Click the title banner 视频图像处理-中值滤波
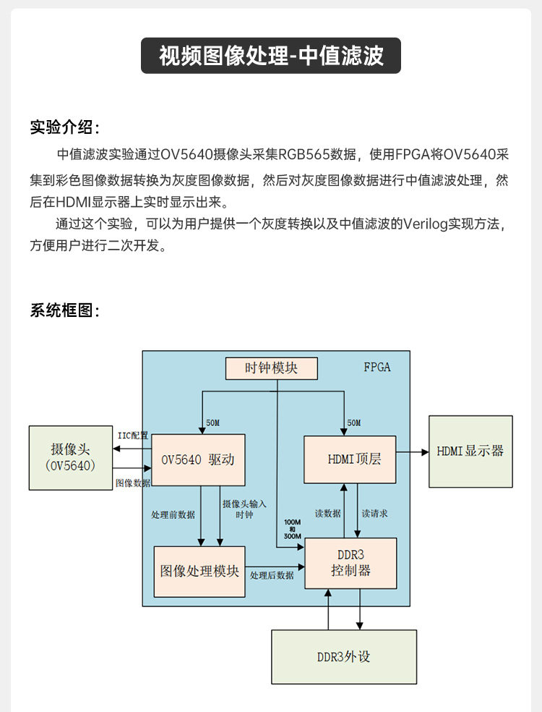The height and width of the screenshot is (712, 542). tap(270, 56)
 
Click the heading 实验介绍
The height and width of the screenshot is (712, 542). tap(64, 127)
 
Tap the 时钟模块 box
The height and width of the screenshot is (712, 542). tap(271, 368)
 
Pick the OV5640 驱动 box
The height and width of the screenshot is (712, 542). tap(198, 459)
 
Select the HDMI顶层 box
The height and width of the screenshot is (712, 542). tap(350, 459)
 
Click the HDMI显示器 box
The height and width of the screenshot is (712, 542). tap(470, 451)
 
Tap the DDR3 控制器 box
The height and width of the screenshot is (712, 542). tap(350, 562)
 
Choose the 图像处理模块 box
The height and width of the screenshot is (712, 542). tap(199, 571)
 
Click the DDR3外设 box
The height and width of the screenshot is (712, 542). tap(344, 656)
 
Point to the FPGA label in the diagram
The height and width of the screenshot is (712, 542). tap(377, 367)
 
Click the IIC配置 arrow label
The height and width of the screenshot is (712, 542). tap(132, 436)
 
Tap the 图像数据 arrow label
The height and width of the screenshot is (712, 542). tap(133, 483)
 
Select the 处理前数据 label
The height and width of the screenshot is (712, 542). tap(173, 515)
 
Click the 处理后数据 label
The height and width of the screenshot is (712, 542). tap(272, 575)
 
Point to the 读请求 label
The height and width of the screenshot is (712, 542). tap(374, 513)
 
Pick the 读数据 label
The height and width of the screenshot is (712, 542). tap(328, 513)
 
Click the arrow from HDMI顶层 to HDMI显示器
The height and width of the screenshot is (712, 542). tap(413, 452)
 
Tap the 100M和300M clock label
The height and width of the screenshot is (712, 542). tap(293, 529)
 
